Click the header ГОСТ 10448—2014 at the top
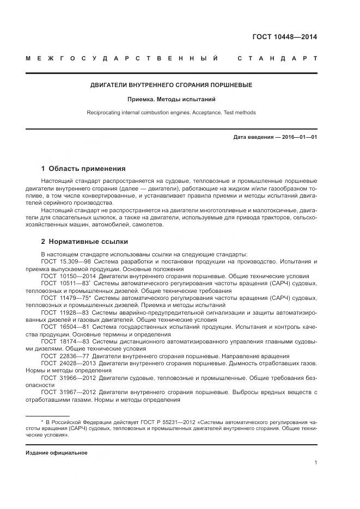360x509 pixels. click(x=284, y=38)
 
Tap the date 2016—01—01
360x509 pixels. click(x=298, y=137)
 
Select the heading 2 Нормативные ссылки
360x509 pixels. click(x=84, y=241)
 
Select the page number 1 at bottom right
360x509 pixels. click(x=316, y=463)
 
